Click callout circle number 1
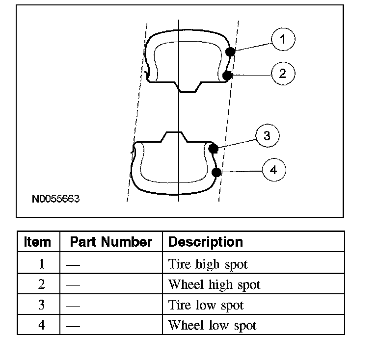[x=283, y=39]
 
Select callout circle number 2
[x=283, y=74]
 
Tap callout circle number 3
[x=268, y=136]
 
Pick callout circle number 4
[x=274, y=170]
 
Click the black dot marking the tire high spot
[x=230, y=51]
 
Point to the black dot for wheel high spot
[x=227, y=76]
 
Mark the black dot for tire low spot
[x=213, y=149]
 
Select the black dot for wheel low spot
[x=216, y=172]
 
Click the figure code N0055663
[x=55, y=199]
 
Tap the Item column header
[x=37, y=242]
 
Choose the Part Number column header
[x=111, y=242]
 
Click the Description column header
[x=206, y=242]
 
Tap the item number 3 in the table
[x=41, y=305]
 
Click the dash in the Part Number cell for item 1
[x=73, y=265]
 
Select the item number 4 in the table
[x=41, y=325]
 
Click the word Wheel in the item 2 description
[x=186, y=284]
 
